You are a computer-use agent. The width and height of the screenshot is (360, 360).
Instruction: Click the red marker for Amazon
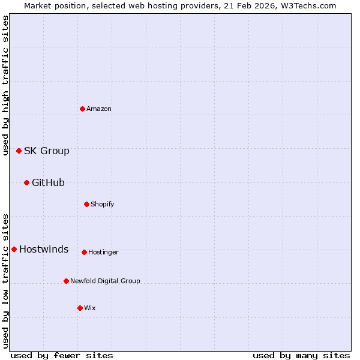(82, 109)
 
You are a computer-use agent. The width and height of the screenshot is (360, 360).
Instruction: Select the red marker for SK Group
(19, 151)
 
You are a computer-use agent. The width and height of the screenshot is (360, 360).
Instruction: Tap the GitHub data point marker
(26, 182)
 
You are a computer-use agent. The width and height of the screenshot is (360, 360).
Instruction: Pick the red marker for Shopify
(86, 204)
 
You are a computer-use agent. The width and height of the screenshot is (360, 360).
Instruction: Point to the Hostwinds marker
(14, 249)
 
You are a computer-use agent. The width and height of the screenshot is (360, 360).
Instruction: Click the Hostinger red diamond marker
(84, 252)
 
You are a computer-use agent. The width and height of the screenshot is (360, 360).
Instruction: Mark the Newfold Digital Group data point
(66, 281)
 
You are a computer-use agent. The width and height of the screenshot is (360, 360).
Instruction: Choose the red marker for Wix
(80, 308)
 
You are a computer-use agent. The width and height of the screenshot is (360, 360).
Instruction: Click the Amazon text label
(99, 109)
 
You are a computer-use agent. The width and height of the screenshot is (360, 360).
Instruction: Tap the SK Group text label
(47, 151)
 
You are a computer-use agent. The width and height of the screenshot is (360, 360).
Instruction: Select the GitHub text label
(48, 182)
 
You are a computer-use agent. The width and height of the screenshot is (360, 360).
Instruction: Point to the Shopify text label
(103, 204)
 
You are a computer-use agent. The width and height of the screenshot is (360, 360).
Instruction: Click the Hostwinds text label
(44, 249)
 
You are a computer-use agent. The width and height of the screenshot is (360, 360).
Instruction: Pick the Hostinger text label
(103, 252)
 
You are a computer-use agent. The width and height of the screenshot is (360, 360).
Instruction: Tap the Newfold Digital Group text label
(105, 281)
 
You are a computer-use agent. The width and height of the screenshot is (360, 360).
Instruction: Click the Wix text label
(90, 308)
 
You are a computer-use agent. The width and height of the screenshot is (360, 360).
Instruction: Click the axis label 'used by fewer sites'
(62, 355)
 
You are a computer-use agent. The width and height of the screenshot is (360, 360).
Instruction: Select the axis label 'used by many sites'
(301, 355)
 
